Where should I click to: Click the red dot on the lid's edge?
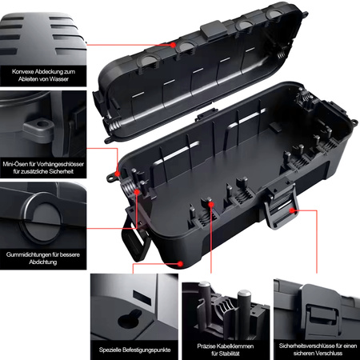(x=173, y=45)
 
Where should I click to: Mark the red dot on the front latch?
(x=293, y=210)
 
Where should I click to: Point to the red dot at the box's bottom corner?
(x=180, y=264)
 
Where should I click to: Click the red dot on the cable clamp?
(x=211, y=205)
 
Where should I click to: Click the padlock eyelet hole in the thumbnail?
(x=41, y=124)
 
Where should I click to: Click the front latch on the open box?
(x=280, y=203)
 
